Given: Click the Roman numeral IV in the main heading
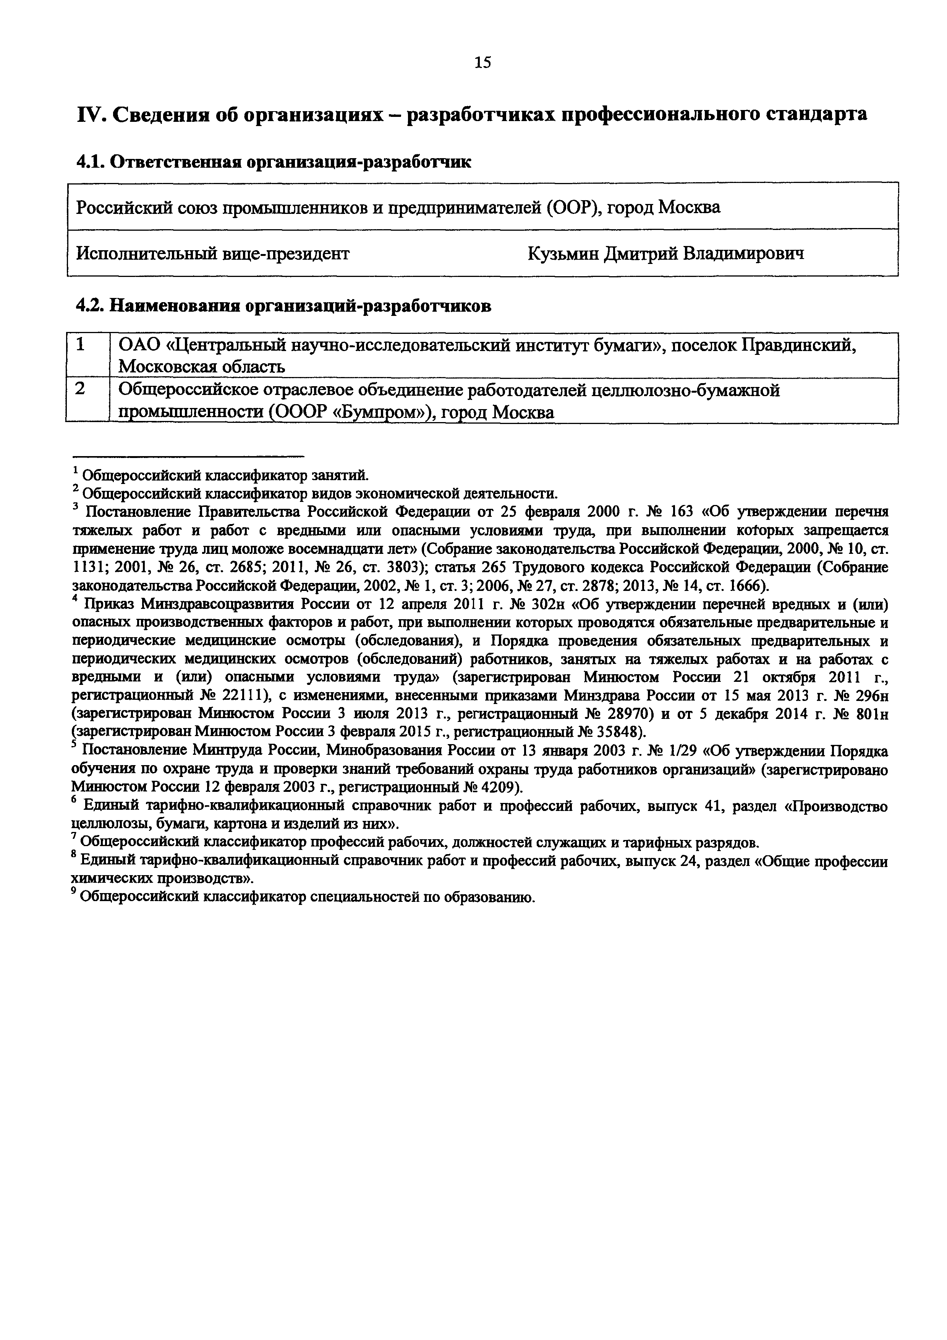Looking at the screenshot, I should click(x=89, y=114).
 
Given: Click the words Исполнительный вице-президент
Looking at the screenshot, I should click(x=213, y=253).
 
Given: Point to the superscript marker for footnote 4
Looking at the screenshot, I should click(x=75, y=599).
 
